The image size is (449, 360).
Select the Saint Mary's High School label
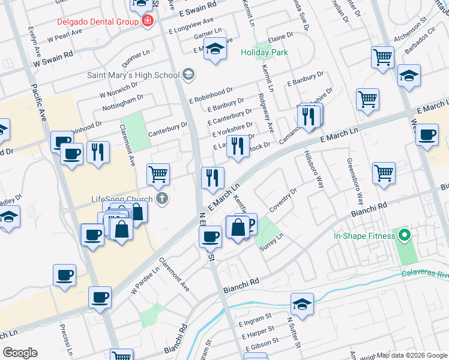point(133,75)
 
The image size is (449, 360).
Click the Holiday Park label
point(264,52)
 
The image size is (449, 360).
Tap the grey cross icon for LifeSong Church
point(161,199)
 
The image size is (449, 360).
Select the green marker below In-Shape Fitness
point(405,236)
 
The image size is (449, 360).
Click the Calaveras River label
point(426,275)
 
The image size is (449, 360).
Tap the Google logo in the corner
point(20,353)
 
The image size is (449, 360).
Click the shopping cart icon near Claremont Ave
point(158,175)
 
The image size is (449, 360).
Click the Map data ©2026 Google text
point(412,355)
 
